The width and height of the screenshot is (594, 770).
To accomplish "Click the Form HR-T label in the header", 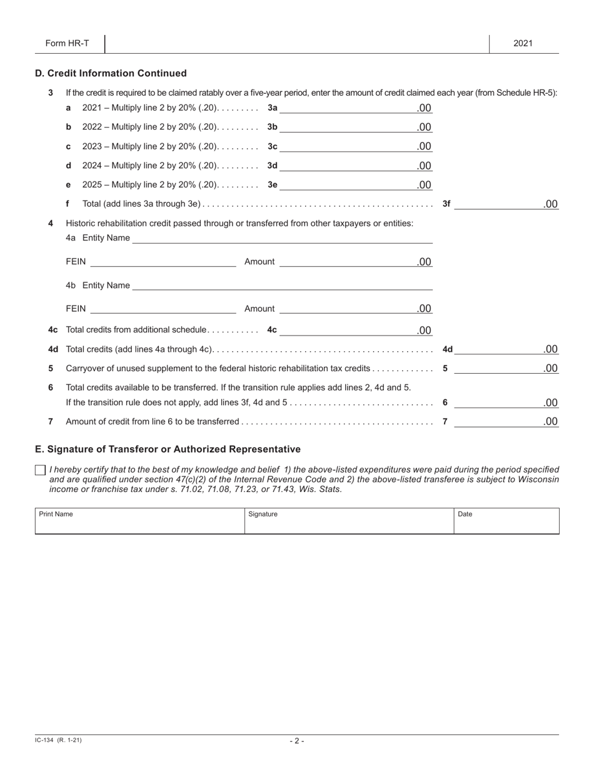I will [x=67, y=43].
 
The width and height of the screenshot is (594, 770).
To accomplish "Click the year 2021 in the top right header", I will [x=523, y=43].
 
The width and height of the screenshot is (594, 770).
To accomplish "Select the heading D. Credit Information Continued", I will [x=111, y=73].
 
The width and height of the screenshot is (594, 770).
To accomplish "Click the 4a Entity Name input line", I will [x=282, y=238].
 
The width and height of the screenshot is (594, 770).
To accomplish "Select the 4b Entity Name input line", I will [x=282, y=285].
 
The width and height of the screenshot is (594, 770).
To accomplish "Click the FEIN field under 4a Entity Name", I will [x=163, y=262].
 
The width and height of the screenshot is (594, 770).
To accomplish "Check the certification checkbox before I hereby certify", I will [x=41, y=470].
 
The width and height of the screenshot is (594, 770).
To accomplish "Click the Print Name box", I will [x=139, y=521].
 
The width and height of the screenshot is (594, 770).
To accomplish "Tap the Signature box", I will [x=349, y=521].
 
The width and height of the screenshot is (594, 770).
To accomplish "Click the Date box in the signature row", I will [x=506, y=521].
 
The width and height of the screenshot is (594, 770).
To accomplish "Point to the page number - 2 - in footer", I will [x=297, y=741].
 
